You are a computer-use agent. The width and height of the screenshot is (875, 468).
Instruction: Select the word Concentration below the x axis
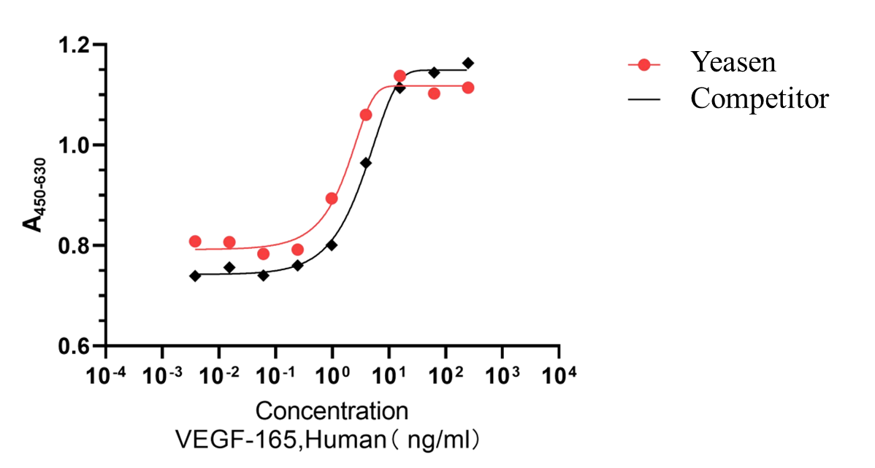pos(332,410)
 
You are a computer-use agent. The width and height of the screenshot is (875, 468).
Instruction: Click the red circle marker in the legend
pos(643,65)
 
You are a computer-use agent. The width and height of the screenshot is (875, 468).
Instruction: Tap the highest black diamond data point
pos(468,63)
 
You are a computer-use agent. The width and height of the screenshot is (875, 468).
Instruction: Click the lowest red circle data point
pos(264,254)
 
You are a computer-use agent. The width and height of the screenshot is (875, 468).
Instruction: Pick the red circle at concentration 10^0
pos(332,199)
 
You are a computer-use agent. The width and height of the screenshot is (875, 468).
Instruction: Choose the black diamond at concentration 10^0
pos(332,245)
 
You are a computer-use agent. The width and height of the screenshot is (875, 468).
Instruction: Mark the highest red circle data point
pos(400,76)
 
